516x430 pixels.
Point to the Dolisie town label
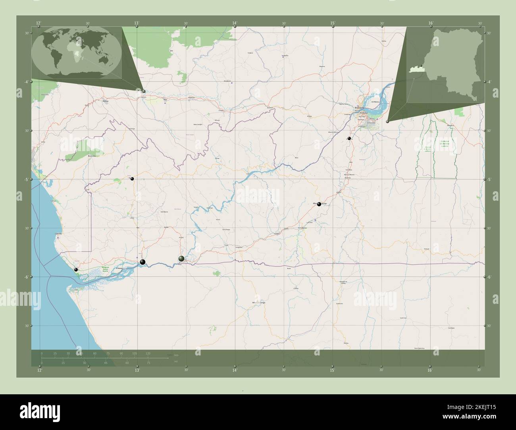coord(106,101)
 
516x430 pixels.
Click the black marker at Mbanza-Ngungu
coord(319,204)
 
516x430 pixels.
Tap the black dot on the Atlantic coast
coord(76,270)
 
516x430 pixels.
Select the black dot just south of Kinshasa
coord(349,138)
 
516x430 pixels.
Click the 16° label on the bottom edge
coord(430,370)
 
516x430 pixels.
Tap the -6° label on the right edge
coord(489,277)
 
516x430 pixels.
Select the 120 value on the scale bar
coord(148,353)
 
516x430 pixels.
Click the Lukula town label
coord(132,218)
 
